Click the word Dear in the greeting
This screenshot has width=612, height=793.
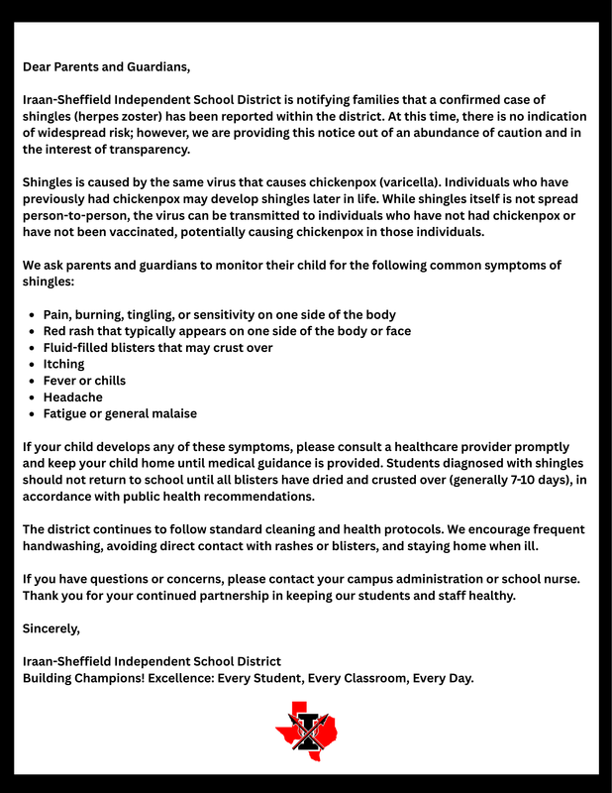tap(39, 67)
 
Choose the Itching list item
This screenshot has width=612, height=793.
tap(63, 364)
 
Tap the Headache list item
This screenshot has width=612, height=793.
tap(72, 396)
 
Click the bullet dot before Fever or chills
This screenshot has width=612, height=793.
tap(33, 381)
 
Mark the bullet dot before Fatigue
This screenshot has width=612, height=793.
tap(33, 413)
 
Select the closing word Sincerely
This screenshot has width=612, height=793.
tap(51, 627)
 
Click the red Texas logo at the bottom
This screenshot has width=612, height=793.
tap(306, 731)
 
